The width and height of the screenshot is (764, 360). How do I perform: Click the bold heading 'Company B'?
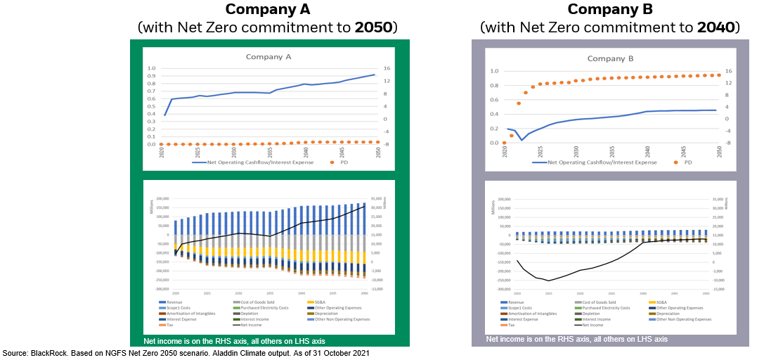click(x=610, y=9)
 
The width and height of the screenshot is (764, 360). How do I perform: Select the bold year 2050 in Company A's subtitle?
click(x=375, y=28)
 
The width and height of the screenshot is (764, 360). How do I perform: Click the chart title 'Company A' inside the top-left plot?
click(x=268, y=57)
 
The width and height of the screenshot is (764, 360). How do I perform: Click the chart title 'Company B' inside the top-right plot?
click(x=610, y=58)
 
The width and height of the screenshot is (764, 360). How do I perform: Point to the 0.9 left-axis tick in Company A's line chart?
click(x=150, y=75)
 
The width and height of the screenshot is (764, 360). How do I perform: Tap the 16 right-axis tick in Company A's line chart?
click(x=387, y=69)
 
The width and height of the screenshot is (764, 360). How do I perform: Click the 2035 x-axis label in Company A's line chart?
click(x=271, y=153)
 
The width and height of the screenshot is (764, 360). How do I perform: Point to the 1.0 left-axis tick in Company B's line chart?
click(x=493, y=71)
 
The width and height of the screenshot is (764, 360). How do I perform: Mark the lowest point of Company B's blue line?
click(x=522, y=140)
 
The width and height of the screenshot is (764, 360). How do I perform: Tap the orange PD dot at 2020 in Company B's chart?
click(x=504, y=143)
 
